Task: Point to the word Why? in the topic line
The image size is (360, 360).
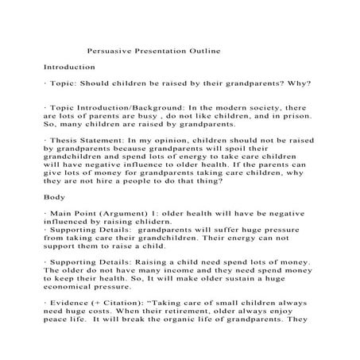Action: (298, 83)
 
